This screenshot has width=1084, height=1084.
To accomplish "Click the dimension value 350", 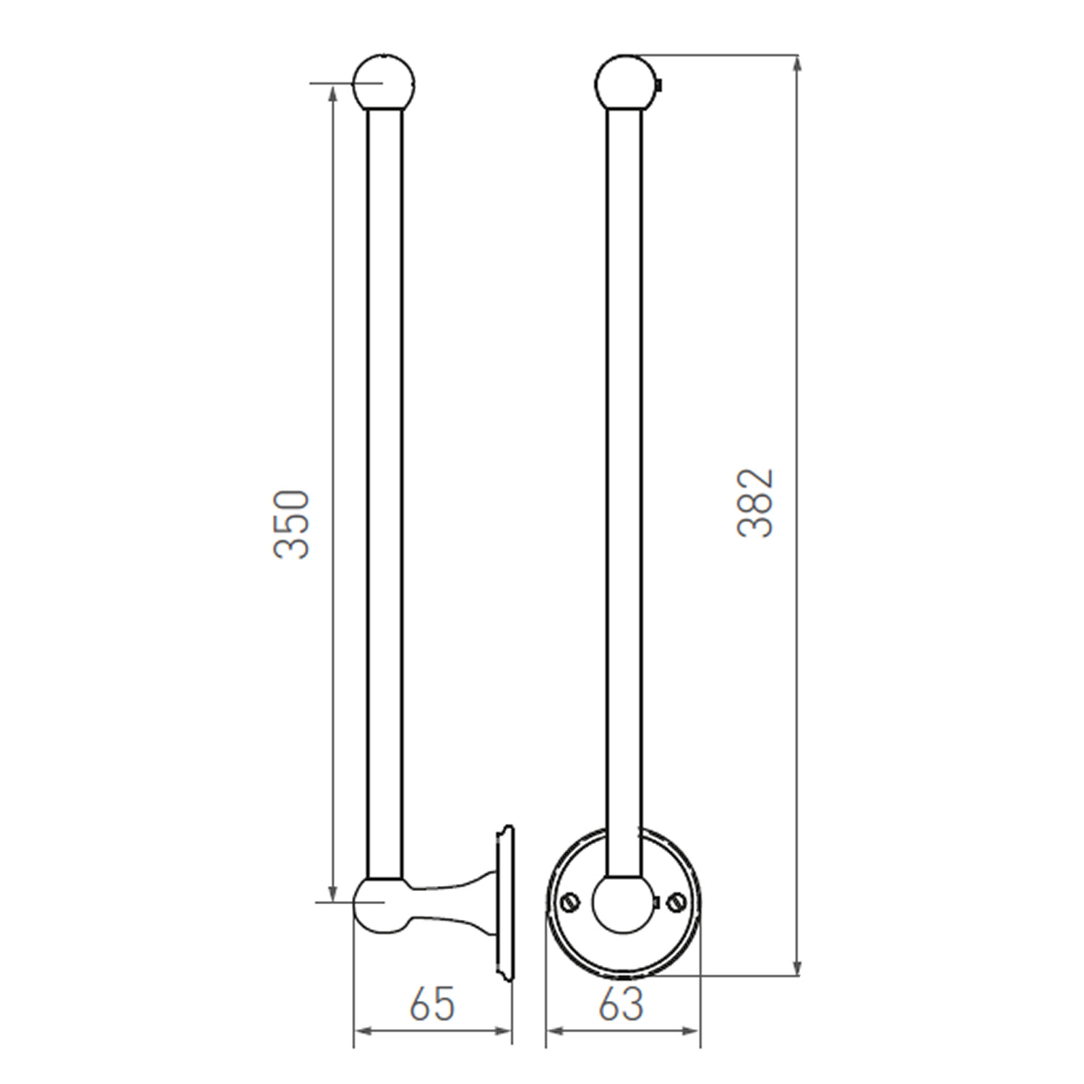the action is click(x=292, y=524).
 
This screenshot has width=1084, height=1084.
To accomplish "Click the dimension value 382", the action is click(x=756, y=503).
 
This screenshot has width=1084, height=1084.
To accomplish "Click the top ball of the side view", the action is click(x=384, y=82).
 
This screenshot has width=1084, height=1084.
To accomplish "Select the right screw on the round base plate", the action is click(x=677, y=901).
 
